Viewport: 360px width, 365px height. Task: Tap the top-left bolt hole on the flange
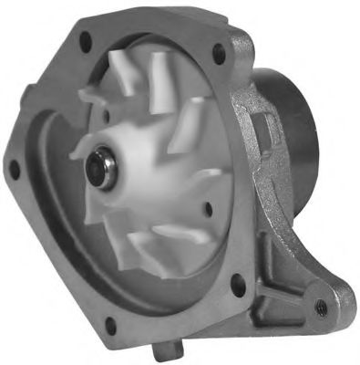85,39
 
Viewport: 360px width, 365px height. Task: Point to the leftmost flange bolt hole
15,167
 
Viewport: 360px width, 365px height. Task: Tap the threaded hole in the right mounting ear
320,307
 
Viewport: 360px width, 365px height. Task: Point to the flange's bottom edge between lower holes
173,315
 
